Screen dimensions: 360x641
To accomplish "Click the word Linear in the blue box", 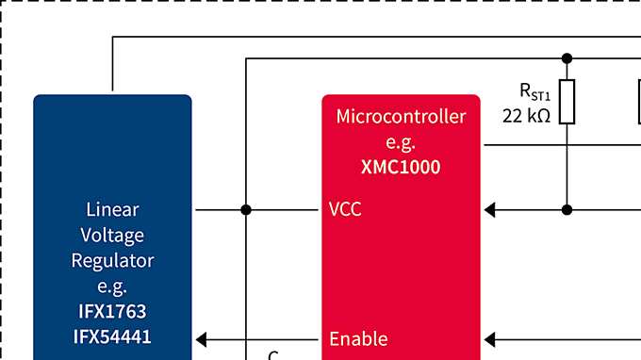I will click(x=112, y=209).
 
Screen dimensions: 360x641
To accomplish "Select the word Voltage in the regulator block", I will click(x=112, y=235).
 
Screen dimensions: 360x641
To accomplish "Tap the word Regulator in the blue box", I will click(x=112, y=260).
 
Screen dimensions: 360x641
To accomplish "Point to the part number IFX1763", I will click(x=112, y=311).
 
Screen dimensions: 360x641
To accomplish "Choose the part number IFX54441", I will click(x=112, y=336).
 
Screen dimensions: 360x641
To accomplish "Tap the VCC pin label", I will click(x=345, y=209).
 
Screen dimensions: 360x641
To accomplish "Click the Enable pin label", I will click(x=357, y=338).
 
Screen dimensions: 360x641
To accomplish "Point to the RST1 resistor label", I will click(x=534, y=91).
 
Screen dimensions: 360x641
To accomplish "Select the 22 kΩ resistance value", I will click(x=526, y=116).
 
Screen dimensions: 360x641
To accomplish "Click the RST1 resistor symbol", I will click(x=567, y=103).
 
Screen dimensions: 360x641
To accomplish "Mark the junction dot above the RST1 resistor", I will click(x=567, y=58).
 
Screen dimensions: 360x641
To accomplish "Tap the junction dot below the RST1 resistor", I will click(x=567, y=209).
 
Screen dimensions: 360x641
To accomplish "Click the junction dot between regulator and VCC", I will click(x=246, y=209).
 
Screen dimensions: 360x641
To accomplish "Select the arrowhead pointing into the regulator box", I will click(x=202, y=338).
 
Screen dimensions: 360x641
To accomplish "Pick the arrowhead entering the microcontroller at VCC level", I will click(x=489, y=209).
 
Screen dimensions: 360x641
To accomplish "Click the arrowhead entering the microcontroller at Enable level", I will click(x=489, y=338).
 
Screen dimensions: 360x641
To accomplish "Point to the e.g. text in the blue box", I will click(x=112, y=286).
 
